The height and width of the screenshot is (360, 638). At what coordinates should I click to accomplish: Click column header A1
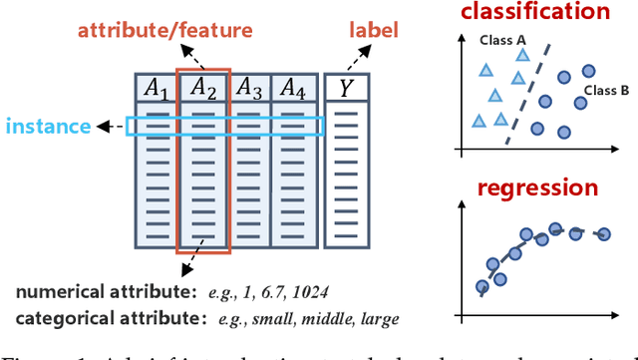tap(156, 90)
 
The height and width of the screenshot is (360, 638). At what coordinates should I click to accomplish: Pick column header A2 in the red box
tap(203, 90)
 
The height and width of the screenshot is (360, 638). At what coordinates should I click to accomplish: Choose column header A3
tap(249, 90)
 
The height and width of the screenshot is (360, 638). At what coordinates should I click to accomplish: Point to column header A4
tap(293, 90)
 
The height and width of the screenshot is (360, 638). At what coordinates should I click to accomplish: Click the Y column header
tap(346, 90)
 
